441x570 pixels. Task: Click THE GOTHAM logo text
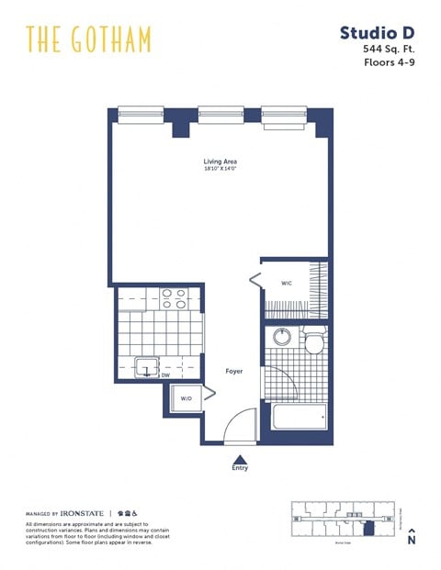[88, 39]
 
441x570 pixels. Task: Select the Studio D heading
[377, 33]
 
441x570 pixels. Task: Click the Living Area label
[220, 162]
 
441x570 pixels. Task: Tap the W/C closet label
[286, 283]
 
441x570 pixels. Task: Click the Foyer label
[234, 372]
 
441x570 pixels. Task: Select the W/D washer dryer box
[186, 399]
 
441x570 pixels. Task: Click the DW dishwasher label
[166, 375]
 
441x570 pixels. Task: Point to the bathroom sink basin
[281, 338]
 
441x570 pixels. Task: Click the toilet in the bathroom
[312, 343]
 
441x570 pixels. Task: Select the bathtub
[299, 416]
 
